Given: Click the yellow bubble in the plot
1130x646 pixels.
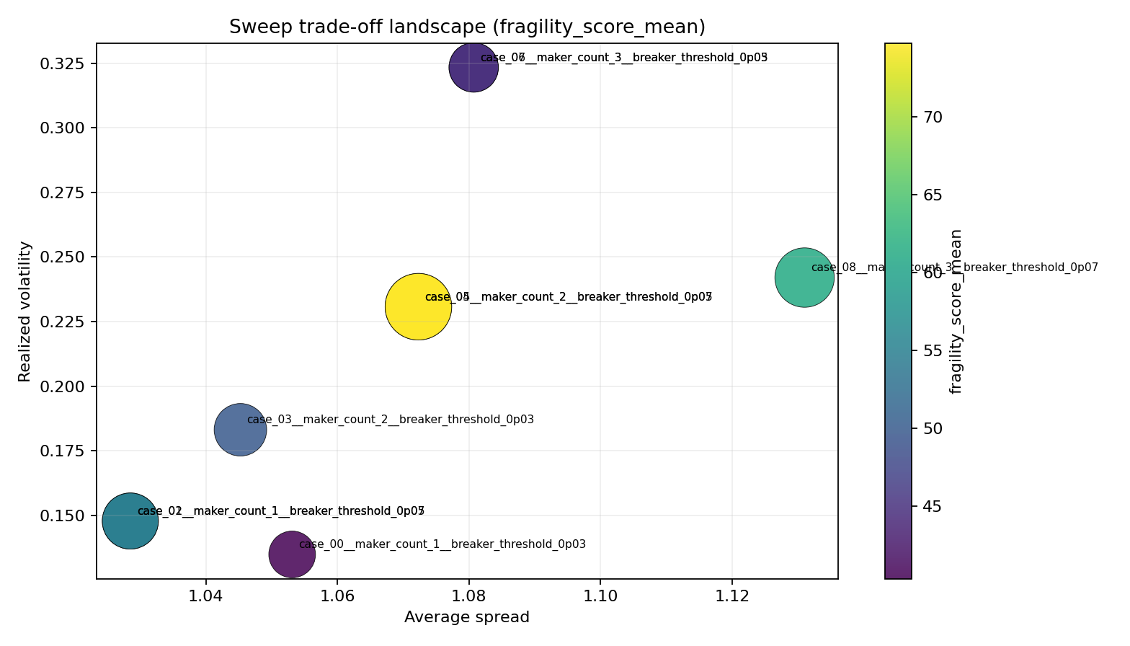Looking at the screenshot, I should (x=418, y=306).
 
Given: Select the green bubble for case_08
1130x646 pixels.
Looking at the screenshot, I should (x=804, y=278).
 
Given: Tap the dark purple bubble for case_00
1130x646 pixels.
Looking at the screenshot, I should (x=292, y=554).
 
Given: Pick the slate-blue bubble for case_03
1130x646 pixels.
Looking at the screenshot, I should (x=241, y=430).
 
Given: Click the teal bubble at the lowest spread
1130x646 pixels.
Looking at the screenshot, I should (x=130, y=521).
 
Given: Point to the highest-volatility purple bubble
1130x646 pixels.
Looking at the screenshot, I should (x=473, y=68).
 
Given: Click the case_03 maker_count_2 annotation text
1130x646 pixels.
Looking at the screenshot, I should (x=390, y=420).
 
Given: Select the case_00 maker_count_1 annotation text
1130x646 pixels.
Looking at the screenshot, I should (x=442, y=544).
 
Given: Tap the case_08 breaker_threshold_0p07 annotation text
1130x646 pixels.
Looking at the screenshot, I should (x=954, y=267).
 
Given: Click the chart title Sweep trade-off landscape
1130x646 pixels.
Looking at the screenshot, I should (x=467, y=27).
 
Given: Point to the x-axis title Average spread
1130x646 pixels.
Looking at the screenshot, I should (x=467, y=617).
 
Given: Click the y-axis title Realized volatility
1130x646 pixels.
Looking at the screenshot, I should (x=25, y=311).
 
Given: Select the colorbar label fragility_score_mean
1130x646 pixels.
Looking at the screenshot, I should (x=956, y=311).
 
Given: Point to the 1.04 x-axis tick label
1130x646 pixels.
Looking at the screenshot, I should (x=206, y=596).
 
